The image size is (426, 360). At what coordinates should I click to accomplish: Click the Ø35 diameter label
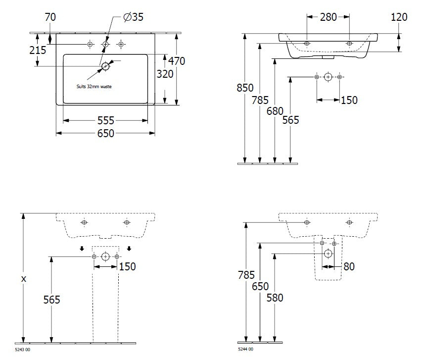coord(133,17)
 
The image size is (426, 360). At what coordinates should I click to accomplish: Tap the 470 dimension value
coord(177,61)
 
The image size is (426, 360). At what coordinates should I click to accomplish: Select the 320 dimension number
coord(165,74)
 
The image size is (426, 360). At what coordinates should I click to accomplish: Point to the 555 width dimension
coord(106,120)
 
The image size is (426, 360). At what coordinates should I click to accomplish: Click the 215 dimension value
coord(38,50)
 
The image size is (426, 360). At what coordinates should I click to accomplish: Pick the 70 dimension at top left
coord(50,17)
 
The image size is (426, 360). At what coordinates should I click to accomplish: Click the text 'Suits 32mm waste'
coord(94,87)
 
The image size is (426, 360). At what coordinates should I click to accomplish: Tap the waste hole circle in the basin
coord(105,66)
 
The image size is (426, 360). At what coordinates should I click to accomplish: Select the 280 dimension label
coord(328,17)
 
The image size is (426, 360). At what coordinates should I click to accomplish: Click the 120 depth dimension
coord(399,17)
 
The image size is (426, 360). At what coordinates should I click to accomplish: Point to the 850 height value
coord(245,88)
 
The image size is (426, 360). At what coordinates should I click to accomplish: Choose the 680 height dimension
coord(275,111)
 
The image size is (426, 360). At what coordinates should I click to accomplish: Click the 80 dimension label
coord(349,266)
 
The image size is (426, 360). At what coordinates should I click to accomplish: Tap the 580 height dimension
coord(275,298)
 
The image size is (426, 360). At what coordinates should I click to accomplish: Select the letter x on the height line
coord(24,279)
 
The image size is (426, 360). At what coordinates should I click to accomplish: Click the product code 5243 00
coord(23,350)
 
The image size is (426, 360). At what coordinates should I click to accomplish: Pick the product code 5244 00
coord(245,349)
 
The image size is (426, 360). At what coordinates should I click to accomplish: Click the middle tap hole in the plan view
coord(105,44)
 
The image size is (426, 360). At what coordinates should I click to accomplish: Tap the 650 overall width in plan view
coord(106,133)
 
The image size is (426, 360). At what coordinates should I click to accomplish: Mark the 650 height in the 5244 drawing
coord(260,286)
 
